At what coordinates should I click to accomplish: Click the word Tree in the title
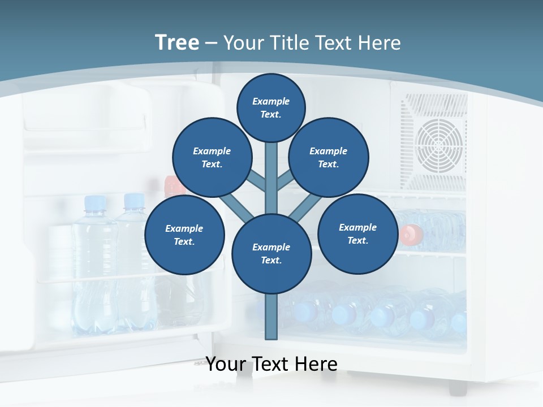pos(177,42)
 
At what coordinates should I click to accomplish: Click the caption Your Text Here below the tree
pos(271,364)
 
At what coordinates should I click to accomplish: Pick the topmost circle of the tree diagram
pos(271,107)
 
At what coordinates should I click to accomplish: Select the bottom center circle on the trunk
pos(271,254)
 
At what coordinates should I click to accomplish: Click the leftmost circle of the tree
pos(184,235)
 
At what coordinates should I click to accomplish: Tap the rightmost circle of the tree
pos(357,234)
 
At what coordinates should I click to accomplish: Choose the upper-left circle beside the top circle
pos(212,158)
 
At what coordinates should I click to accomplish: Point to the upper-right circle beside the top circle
pos(329,158)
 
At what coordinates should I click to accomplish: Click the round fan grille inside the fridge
pos(439,144)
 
